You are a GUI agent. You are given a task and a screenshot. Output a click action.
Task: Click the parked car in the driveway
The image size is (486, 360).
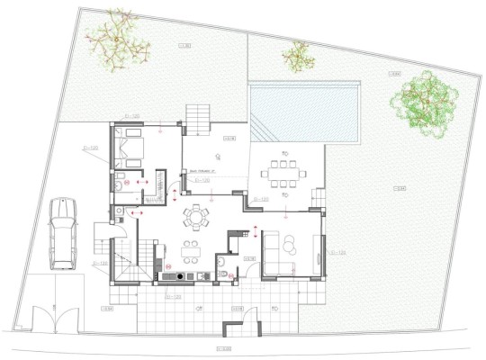[x=63, y=232]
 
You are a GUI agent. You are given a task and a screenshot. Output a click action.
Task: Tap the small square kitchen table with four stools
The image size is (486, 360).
[x=191, y=249]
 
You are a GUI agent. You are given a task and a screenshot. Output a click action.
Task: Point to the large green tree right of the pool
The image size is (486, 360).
[x=422, y=102]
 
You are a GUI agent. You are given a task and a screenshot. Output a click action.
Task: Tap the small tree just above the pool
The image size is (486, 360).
[x=295, y=58]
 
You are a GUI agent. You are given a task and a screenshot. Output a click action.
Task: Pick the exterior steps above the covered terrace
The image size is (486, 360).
[x=198, y=116]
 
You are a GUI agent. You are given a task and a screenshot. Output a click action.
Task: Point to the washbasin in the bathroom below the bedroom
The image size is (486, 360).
[x=118, y=187]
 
